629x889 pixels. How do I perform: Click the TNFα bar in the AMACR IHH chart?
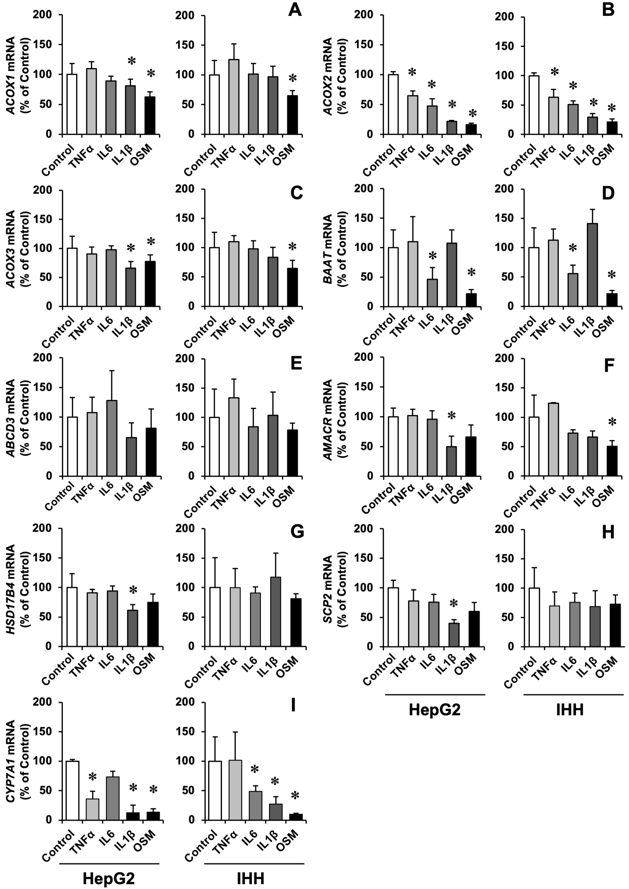point(553,440)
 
